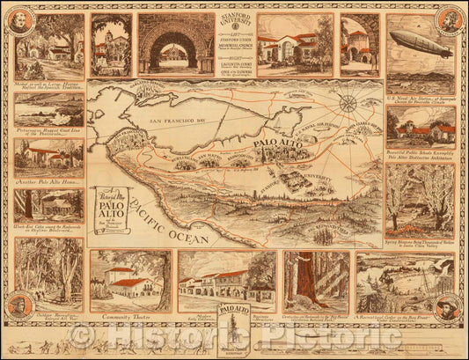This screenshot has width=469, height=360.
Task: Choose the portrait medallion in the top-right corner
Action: [x=450, y=20]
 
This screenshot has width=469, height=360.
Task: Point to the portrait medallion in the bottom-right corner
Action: [x=450, y=308]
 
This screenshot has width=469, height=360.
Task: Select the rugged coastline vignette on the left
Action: [x=49, y=112]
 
